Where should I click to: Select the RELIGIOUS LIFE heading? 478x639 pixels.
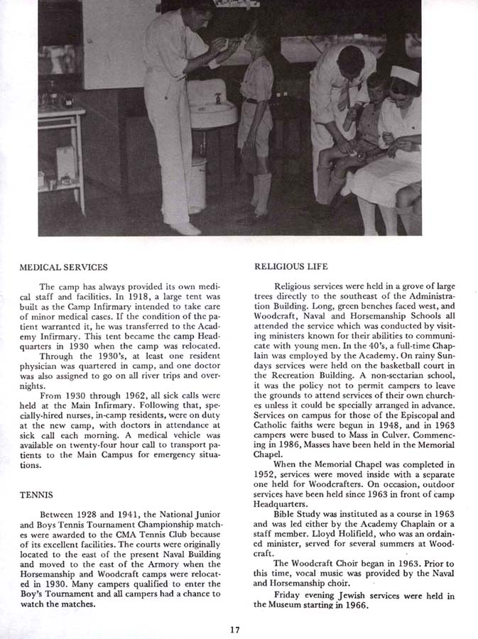291,267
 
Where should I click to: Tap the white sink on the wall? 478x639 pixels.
212,106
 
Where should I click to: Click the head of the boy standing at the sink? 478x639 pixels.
256,39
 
